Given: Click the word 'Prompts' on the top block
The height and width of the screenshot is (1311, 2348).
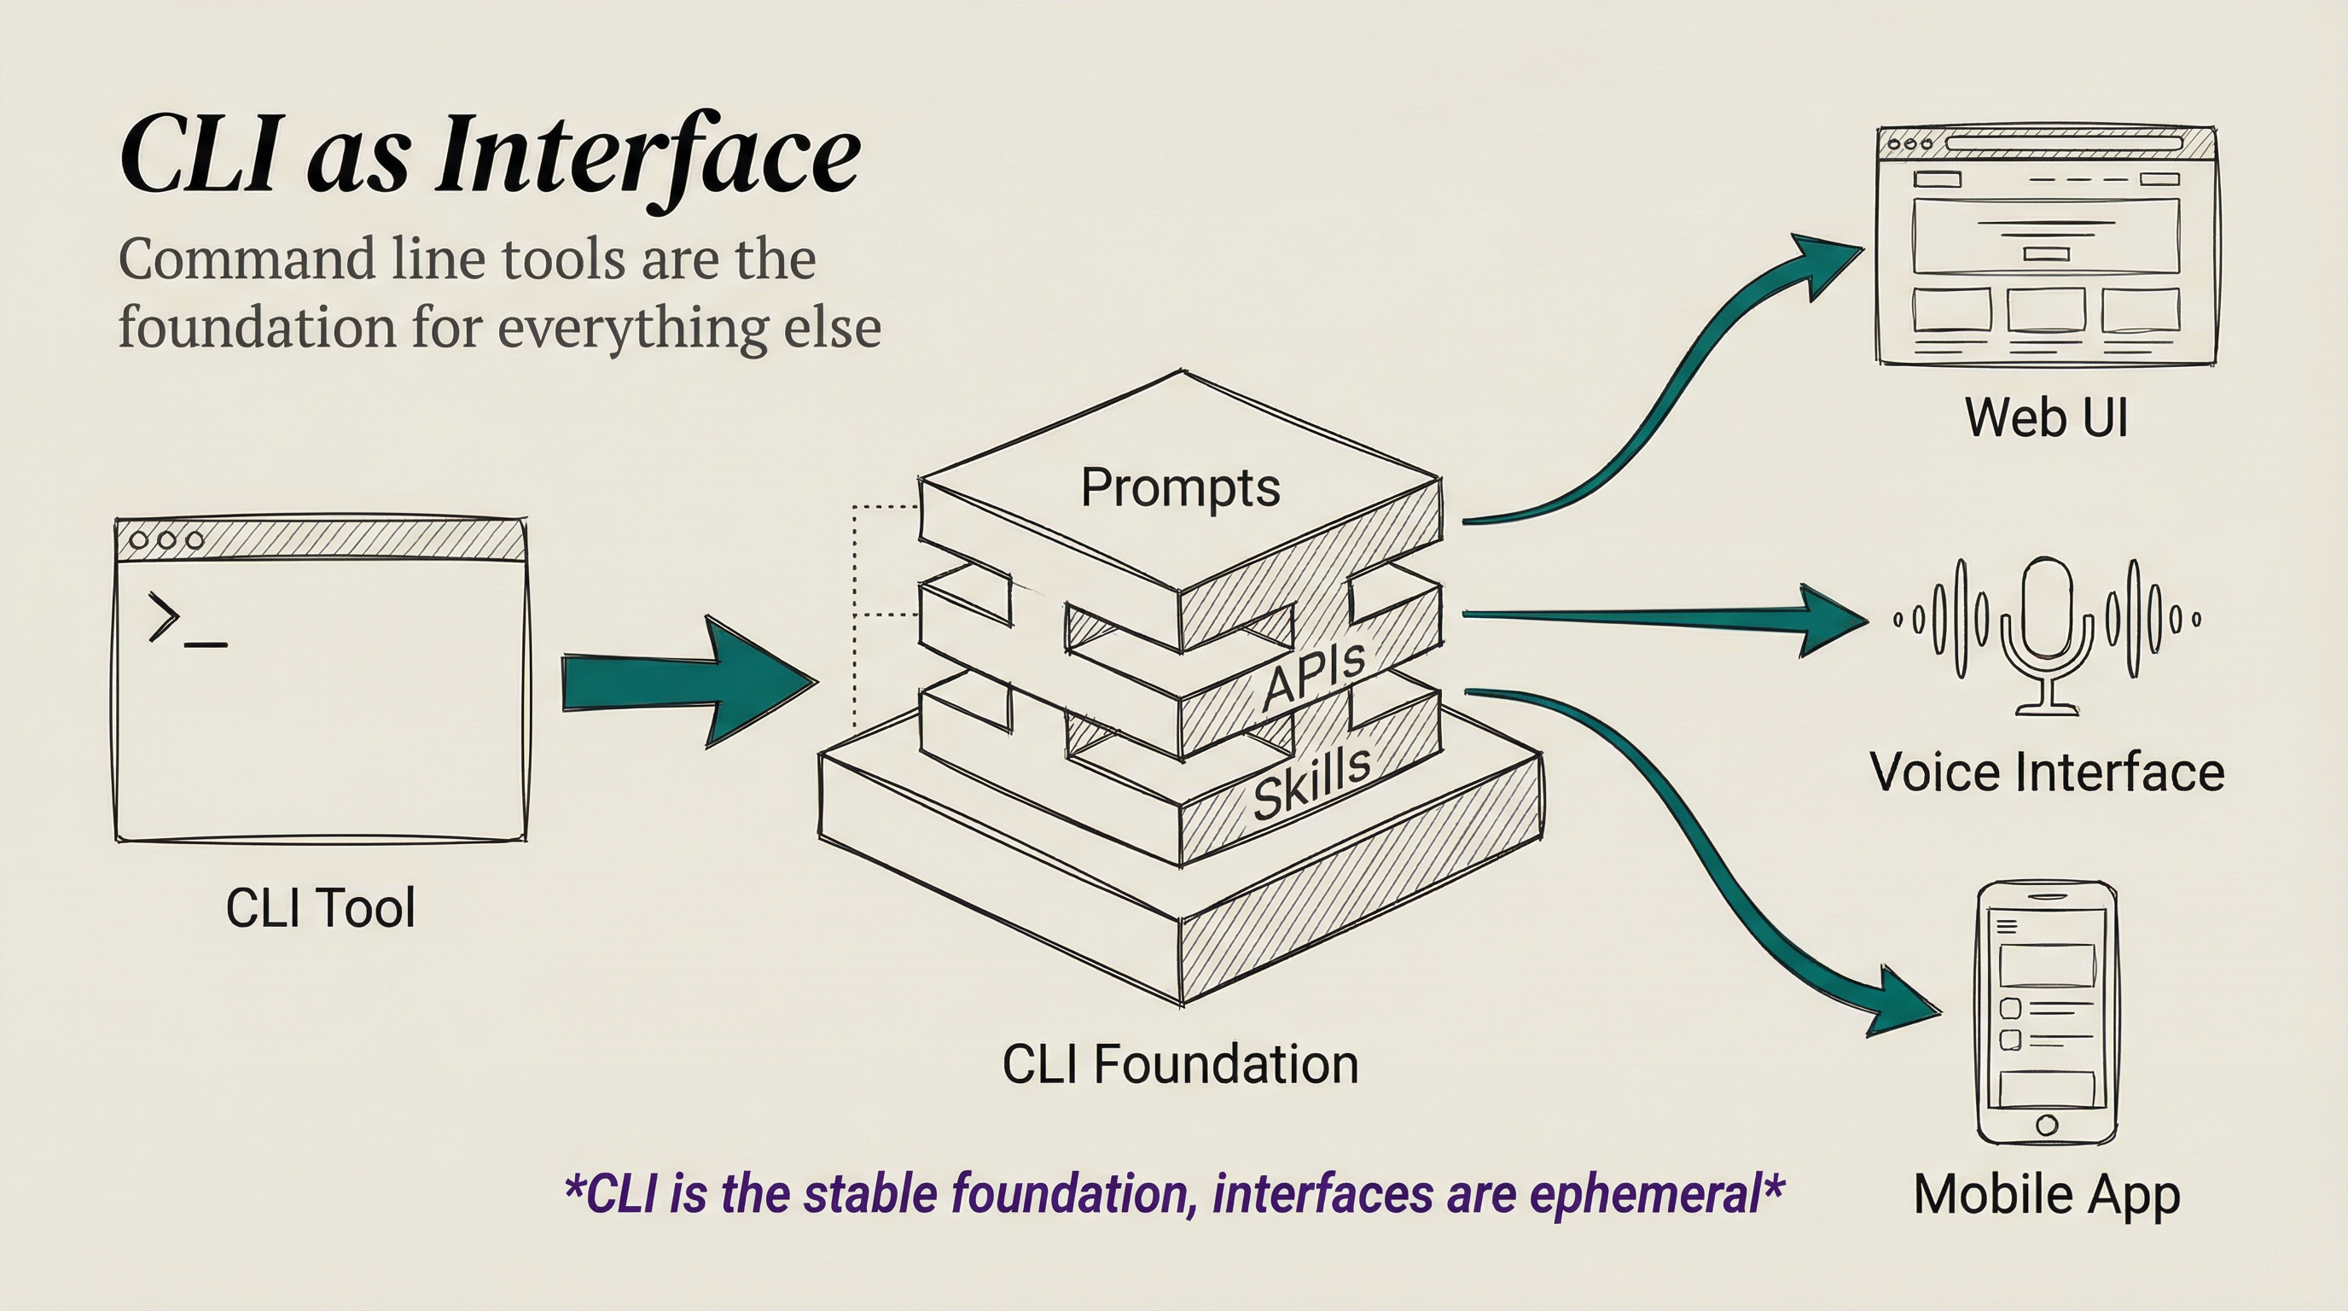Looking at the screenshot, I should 1179,487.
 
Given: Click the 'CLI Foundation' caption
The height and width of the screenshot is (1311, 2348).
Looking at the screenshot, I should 1179,1064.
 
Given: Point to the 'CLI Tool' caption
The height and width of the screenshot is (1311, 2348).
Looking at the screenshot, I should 320,908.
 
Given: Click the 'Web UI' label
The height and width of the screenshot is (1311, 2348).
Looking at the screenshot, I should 2045,417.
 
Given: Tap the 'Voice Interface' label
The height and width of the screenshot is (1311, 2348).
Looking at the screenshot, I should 2046,772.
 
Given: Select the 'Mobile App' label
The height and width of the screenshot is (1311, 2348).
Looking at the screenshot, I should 2046,1194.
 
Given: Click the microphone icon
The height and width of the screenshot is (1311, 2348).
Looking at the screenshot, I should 2046,629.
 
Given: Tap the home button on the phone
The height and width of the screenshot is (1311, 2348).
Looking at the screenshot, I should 2046,1124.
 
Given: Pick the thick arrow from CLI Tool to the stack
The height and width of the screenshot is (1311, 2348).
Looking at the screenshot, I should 683,682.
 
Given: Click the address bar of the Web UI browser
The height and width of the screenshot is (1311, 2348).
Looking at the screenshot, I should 2064,143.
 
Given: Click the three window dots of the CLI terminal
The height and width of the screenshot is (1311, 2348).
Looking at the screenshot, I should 166,539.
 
